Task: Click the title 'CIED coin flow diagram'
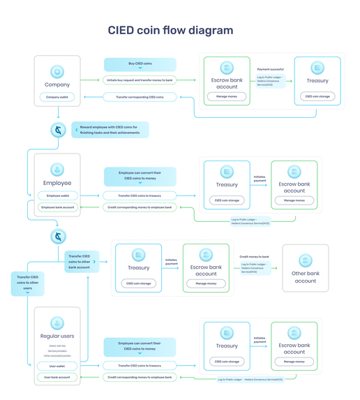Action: (x=170, y=31)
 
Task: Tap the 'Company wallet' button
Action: (x=57, y=97)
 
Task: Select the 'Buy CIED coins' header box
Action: (x=140, y=65)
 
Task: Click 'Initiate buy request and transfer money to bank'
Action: (x=140, y=80)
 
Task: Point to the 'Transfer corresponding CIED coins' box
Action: (x=140, y=97)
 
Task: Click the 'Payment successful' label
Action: (x=270, y=69)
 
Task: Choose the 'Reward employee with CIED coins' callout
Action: (x=110, y=130)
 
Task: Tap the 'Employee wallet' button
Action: (x=58, y=195)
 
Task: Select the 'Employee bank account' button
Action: (x=58, y=207)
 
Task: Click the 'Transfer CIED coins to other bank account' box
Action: (x=80, y=261)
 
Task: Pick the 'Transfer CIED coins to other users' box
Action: (x=28, y=283)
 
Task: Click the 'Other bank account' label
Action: (x=305, y=277)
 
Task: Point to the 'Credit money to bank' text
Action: (x=254, y=256)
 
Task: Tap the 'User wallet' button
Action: (x=57, y=366)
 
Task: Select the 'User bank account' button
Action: (x=57, y=377)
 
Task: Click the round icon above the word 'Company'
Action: (x=57, y=72)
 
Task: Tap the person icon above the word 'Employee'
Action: (x=57, y=170)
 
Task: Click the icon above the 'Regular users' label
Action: (x=57, y=323)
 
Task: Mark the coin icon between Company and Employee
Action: (x=58, y=130)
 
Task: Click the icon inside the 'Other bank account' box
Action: (x=305, y=260)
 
